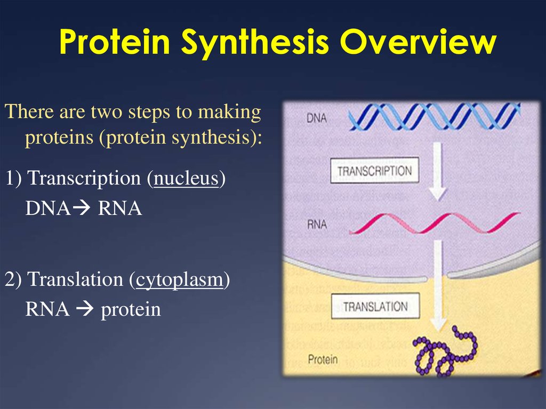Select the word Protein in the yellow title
pyautogui.click(x=115, y=41)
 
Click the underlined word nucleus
pyautogui.click(x=186, y=178)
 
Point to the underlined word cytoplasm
pyautogui.click(x=179, y=280)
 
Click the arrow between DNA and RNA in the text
pyautogui.click(x=82, y=208)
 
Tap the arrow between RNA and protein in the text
pyautogui.click(x=85, y=308)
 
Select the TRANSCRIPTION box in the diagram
pyautogui.click(x=374, y=170)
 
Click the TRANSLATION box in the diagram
pyautogui.click(x=375, y=306)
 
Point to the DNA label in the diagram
pyautogui.click(x=317, y=118)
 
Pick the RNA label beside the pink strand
pyautogui.click(x=317, y=224)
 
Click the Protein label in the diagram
pyautogui.click(x=323, y=359)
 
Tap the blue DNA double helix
pyautogui.click(x=435, y=117)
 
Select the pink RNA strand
pyautogui.click(x=435, y=223)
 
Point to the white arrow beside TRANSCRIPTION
pyautogui.click(x=438, y=171)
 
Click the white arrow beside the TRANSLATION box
pyautogui.click(x=438, y=286)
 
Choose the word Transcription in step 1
pyautogui.click(x=84, y=178)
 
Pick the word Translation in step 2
pyautogui.click(x=75, y=279)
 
